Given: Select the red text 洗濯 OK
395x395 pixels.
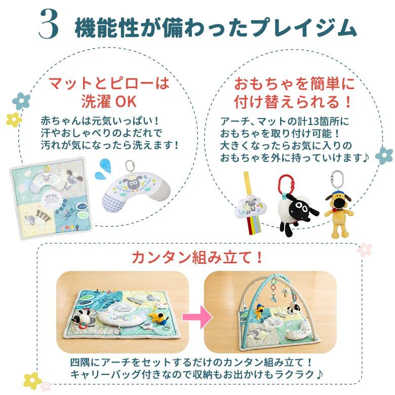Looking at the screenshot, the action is click(x=109, y=101).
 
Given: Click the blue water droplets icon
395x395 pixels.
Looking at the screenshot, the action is click(x=103, y=168).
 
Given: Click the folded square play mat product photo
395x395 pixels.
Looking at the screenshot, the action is click(x=51, y=198).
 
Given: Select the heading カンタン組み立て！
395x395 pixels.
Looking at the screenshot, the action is click(x=197, y=257).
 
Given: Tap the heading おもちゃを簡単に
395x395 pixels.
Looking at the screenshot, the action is click(x=294, y=84).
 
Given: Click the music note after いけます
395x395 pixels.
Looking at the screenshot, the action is click(x=366, y=157).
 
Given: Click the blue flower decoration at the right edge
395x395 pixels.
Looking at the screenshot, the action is click(x=384, y=155).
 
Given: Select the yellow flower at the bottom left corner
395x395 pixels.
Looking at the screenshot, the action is click(x=32, y=381).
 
